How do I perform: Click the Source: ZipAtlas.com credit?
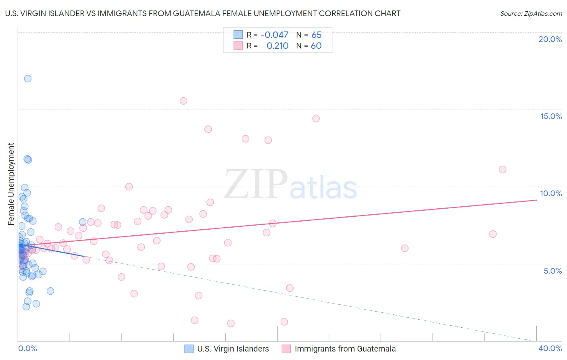point(531,13)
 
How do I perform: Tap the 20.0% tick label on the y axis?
point(550,39)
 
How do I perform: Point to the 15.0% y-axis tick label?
point(551,116)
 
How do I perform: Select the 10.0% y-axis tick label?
point(551,193)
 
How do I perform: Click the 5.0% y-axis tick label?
point(552,271)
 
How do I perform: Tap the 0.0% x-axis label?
point(27,348)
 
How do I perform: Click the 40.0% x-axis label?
point(550,348)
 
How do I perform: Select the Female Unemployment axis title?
point(11,184)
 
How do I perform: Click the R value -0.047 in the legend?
point(274,35)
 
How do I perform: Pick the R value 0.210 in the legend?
point(277,46)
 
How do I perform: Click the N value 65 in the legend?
point(317,35)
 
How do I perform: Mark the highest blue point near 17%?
point(27,79)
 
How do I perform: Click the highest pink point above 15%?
point(183,101)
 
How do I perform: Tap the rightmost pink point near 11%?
point(502,170)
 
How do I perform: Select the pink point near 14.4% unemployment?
point(316,119)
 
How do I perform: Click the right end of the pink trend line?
point(536,200)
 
